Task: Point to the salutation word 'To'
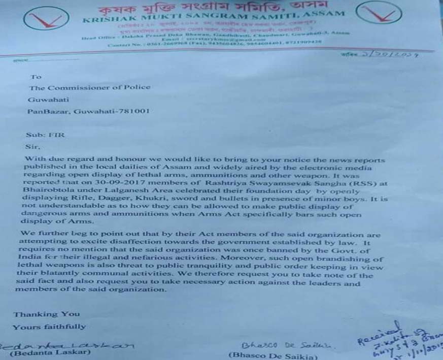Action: point(36,77)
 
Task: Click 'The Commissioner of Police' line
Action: point(90,87)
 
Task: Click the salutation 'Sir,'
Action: point(31,146)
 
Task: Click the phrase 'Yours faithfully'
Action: point(49,327)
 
